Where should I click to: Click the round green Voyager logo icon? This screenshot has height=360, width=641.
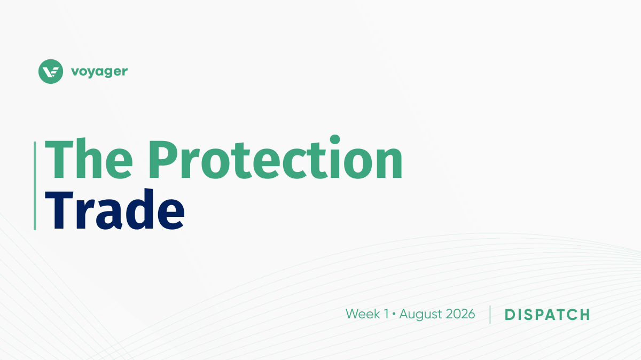pyautogui.click(x=51, y=72)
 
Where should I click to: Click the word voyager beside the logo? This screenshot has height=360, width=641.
pyautogui.click(x=99, y=72)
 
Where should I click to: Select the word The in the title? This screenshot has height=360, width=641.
pyautogui.click(x=89, y=159)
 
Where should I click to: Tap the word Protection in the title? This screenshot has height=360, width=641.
pyautogui.click(x=275, y=157)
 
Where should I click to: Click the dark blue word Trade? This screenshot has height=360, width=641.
pyautogui.click(x=115, y=209)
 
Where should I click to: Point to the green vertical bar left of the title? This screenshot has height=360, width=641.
pyautogui.click(x=35, y=186)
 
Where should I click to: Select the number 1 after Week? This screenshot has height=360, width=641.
pyautogui.click(x=386, y=314)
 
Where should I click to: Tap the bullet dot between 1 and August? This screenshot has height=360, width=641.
pyautogui.click(x=394, y=314)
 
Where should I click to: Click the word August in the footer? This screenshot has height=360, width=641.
pyautogui.click(x=420, y=315)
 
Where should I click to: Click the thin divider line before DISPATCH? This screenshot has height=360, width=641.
pyautogui.click(x=490, y=315)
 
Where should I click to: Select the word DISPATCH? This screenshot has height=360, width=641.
pyautogui.click(x=547, y=315)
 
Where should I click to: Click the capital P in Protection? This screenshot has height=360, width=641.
pyautogui.click(x=164, y=159)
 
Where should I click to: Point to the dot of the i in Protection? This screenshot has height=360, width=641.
pyautogui.click(x=335, y=139)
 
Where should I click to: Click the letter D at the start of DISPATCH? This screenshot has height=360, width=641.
pyautogui.click(x=511, y=315)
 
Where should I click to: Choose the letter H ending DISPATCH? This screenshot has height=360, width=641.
pyautogui.click(x=584, y=315)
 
